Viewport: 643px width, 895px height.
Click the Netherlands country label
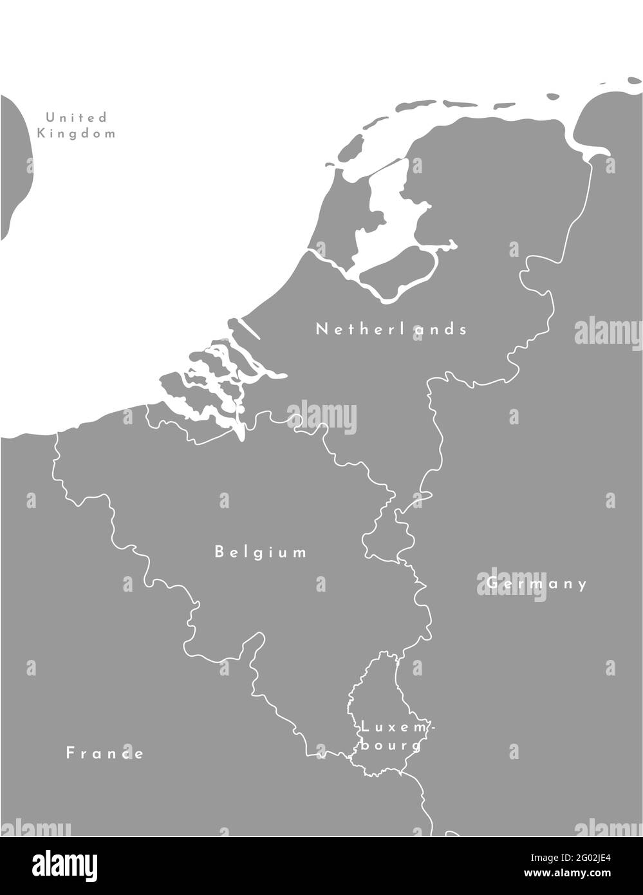pos(391,329)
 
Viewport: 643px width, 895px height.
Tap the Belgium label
pos(261,552)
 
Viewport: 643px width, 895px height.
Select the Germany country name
pos(537,583)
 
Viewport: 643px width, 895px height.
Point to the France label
pos(105,753)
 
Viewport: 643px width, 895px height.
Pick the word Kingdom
pos(76,134)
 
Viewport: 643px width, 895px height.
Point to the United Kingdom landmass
pos(13,167)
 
